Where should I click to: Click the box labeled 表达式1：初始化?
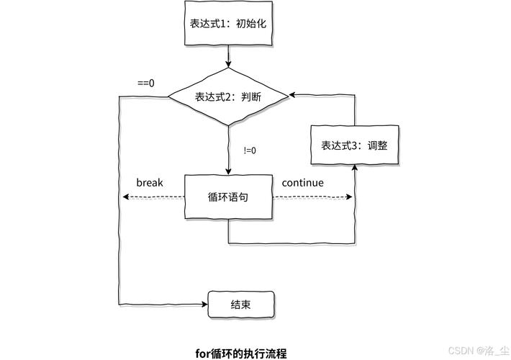pyautogui.click(x=228, y=22)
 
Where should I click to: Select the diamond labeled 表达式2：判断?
pyautogui.click(x=228, y=96)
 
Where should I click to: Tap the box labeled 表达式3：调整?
pyautogui.click(x=354, y=145)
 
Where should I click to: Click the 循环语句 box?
pyautogui.click(x=228, y=197)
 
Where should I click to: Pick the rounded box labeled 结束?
pyautogui.click(x=241, y=305)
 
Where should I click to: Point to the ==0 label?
pyautogui.click(x=146, y=82)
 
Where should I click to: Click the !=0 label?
pyautogui.click(x=250, y=150)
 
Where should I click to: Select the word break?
pyautogui.click(x=150, y=182)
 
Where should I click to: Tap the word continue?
pyautogui.click(x=302, y=182)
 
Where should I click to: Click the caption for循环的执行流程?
pyautogui.click(x=241, y=353)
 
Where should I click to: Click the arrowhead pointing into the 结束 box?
pyautogui.click(x=204, y=305)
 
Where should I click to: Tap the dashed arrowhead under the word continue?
pyautogui.click(x=351, y=196)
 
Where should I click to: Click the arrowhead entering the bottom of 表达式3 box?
pyautogui.click(x=355, y=168)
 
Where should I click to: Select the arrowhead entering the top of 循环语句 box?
pyautogui.click(x=228, y=171)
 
